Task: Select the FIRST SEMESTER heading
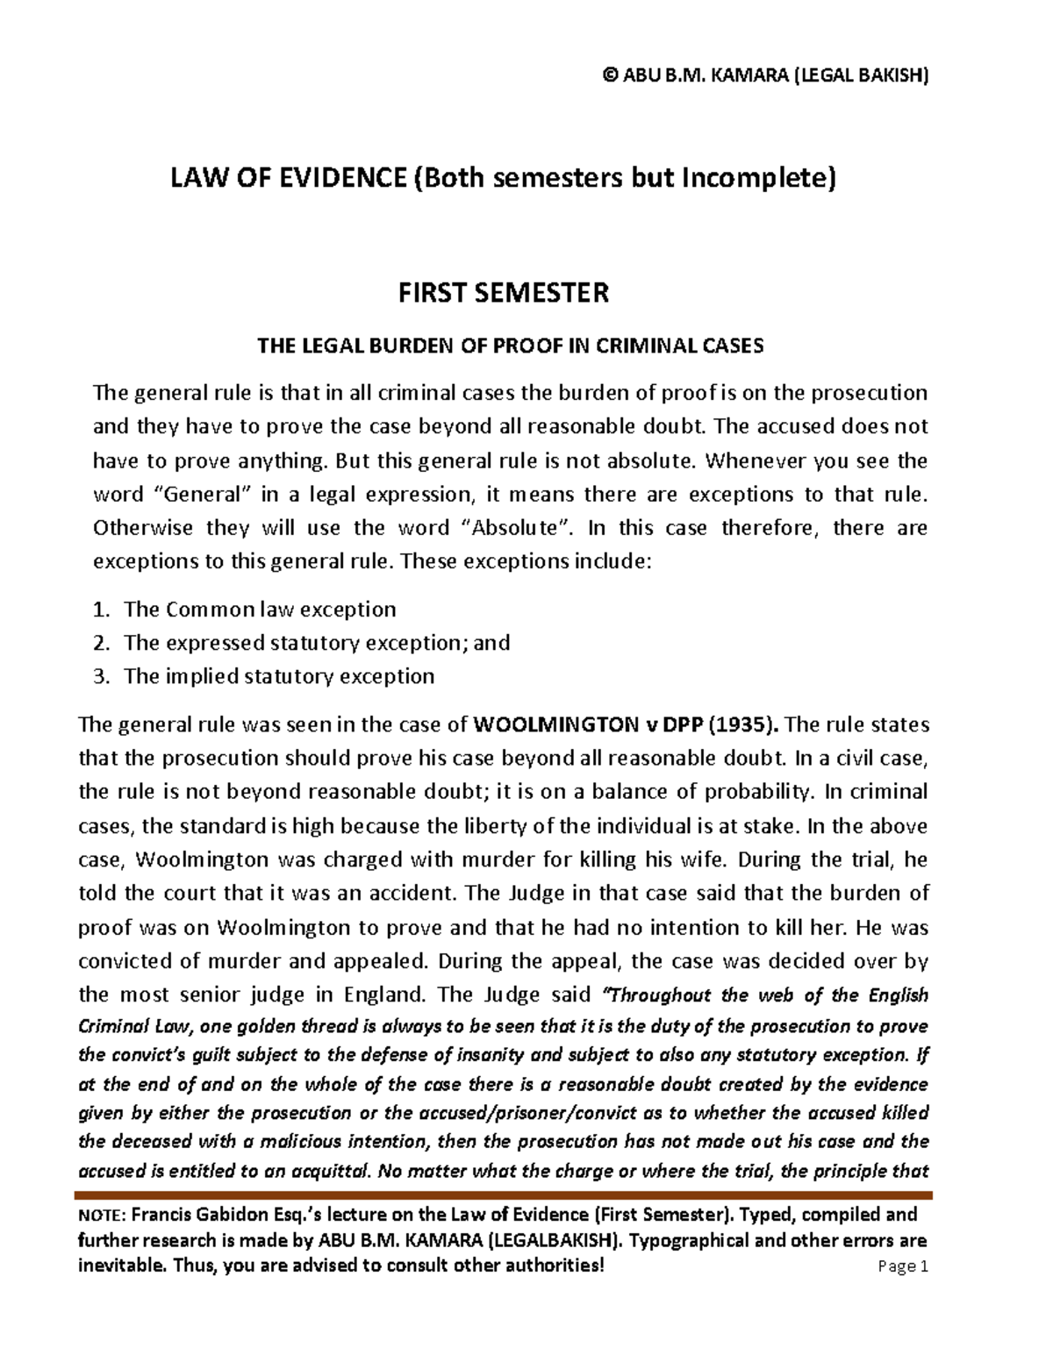pos(503,292)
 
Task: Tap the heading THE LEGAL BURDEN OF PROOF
pos(510,346)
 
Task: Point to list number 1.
pos(101,610)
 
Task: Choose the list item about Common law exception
pos(260,610)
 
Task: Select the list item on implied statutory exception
pos(279,676)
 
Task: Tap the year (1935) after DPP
pos(742,725)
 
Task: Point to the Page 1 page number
pos(902,1266)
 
